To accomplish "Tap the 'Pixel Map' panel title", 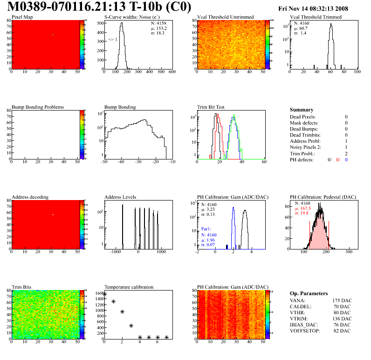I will (22, 17).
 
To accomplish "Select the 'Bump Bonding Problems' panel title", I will (38, 107).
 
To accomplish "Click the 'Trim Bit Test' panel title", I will (211, 107).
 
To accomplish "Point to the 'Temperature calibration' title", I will (129, 287).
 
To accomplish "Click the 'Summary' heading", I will (301, 110).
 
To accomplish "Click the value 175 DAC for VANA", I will (338, 301).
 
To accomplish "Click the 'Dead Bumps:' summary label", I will (303, 129).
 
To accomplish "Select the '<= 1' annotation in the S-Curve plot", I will (112, 40).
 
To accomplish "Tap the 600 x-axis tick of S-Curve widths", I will (172, 72).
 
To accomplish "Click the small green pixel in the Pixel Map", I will (53, 35).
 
